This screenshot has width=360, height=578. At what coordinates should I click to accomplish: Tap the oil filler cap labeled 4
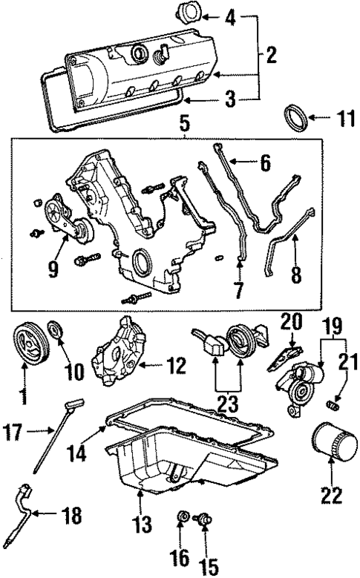click(x=187, y=14)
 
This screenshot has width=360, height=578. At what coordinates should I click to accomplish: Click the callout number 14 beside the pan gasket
click(x=85, y=450)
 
